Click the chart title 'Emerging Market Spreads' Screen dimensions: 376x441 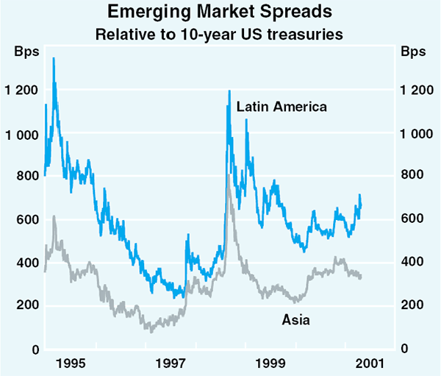[x=221, y=13]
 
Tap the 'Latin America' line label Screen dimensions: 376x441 [x=282, y=107]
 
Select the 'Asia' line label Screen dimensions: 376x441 [x=296, y=319]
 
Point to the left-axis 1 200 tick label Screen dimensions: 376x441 [x=21, y=91]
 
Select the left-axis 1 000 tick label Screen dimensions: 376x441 [x=21, y=134]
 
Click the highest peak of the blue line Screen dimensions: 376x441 [x=54, y=58]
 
